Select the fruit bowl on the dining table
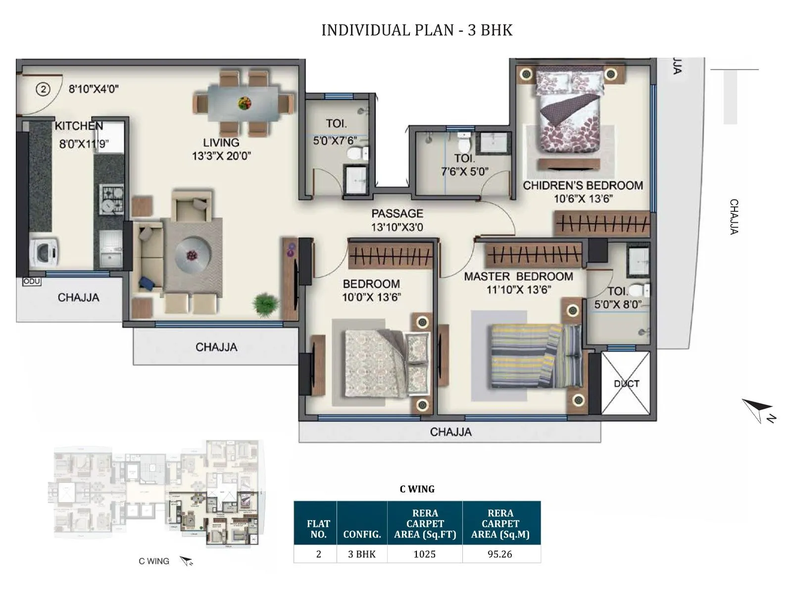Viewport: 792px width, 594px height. pos(245,103)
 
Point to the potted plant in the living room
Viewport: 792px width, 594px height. pos(265,304)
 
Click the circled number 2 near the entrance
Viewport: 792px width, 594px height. pos(44,90)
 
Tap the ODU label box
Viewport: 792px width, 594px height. pos(32,281)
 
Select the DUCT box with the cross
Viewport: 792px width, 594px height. pos(626,383)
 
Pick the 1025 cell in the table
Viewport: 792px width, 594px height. pos(425,554)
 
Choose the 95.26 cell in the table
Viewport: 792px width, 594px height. pos(500,554)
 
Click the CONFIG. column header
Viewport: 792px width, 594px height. pos(362,534)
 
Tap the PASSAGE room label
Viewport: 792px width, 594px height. pos(397,213)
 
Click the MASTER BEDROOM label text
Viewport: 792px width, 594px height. pos(518,277)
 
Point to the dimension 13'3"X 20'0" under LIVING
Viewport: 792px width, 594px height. pos(221,156)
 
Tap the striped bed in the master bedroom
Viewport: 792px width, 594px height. pos(536,355)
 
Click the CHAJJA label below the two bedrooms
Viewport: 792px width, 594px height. pos(450,432)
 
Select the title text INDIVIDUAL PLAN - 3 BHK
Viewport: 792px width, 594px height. pos(417,30)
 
